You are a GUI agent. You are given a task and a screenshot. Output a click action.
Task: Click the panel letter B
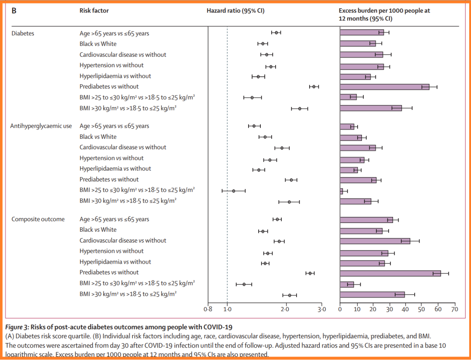pos(14,10)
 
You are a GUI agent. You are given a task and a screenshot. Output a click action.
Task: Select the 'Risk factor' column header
pos(94,10)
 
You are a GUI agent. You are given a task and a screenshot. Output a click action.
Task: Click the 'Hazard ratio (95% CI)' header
pos(235,10)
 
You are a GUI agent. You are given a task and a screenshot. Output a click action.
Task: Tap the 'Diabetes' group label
pos(23,33)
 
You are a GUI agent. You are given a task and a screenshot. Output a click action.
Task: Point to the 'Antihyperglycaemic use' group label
pos(41,126)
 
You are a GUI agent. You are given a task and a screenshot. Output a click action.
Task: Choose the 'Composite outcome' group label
pos(38,219)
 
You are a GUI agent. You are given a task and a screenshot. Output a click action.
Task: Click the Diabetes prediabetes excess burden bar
pos(384,86)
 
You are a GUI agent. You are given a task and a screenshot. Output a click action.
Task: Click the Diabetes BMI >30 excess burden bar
pos(371,108)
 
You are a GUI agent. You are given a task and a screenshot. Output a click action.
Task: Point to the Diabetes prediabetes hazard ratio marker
pos(314,86)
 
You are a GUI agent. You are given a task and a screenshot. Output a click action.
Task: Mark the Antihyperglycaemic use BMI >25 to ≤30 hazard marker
pos(234,191)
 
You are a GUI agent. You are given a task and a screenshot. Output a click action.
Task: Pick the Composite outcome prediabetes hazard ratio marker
pos(310,273)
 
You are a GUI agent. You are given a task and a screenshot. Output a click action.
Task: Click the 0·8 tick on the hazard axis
pos(208,309)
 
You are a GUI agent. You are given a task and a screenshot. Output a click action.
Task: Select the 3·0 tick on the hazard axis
pos(322,309)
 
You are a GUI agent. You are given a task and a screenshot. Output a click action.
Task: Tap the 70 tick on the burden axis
pos(454,309)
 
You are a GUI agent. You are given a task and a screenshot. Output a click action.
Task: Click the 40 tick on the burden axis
pos(405,309)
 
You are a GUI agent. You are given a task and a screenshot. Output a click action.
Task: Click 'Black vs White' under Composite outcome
pos(98,230)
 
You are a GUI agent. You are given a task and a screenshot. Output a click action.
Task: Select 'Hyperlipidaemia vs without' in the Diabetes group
pos(115,76)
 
